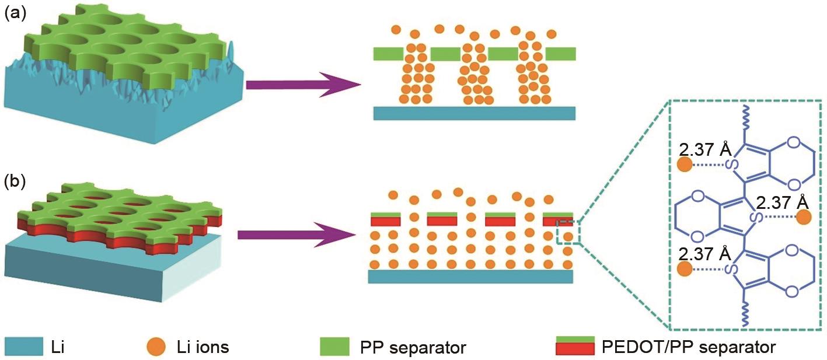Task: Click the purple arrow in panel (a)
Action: tap(303, 85)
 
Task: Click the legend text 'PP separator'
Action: tap(419, 348)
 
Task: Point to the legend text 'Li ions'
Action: tap(203, 348)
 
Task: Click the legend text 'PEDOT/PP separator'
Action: tap(688, 348)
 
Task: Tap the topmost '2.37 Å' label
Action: tap(702, 150)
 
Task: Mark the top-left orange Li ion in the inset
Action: tap(684, 165)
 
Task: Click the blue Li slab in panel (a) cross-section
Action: tap(474, 113)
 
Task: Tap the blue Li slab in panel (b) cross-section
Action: tap(470, 276)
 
